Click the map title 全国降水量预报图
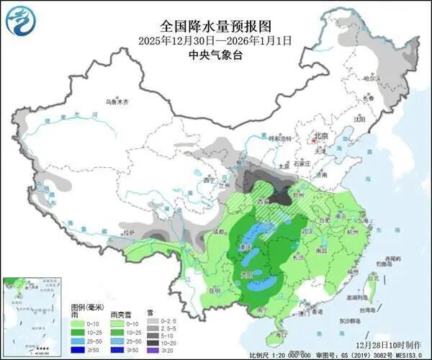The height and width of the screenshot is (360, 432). click(x=215, y=27)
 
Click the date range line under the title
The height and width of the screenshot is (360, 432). click(x=215, y=41)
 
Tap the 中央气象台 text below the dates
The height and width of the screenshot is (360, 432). click(x=215, y=55)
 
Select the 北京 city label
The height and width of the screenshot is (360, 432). click(x=320, y=136)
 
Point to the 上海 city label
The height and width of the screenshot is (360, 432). click(x=375, y=215)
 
